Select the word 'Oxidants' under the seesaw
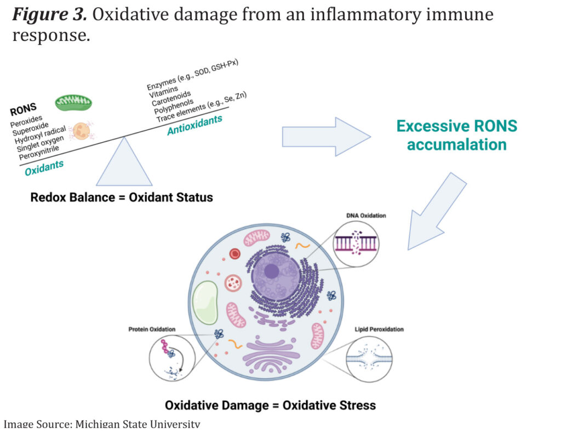point(44,167)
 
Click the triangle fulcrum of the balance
point(124,165)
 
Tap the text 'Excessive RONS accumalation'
point(456,135)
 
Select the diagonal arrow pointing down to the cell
point(436,211)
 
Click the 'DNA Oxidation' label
point(359,215)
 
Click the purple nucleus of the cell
point(272,272)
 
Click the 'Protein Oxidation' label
point(152,329)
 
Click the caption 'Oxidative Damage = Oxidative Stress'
point(270,405)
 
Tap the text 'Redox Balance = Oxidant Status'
point(122,197)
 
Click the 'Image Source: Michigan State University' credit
point(102,424)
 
